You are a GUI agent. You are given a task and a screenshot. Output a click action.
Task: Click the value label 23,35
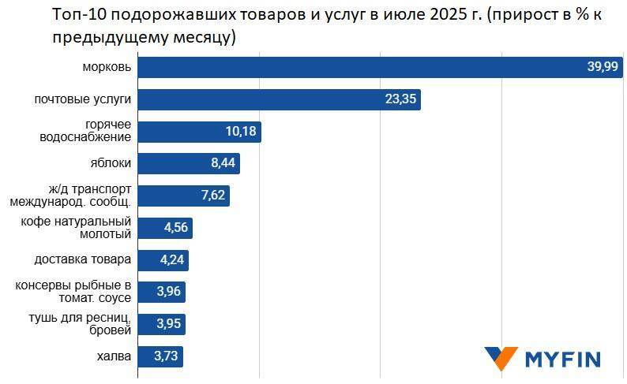(400, 100)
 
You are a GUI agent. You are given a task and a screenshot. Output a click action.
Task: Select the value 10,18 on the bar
(241, 132)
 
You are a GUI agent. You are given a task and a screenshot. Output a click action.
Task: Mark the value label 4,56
(176, 229)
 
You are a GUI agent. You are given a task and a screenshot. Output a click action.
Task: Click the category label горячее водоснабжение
(87, 132)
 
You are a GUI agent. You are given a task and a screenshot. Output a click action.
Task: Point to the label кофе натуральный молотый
(76, 229)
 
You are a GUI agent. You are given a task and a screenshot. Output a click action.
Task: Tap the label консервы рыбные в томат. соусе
(73, 293)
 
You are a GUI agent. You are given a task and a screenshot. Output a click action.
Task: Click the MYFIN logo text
(563, 360)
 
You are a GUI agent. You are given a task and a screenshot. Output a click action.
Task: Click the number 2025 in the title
(436, 16)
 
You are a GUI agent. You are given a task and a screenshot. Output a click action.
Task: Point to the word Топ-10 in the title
(76, 16)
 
